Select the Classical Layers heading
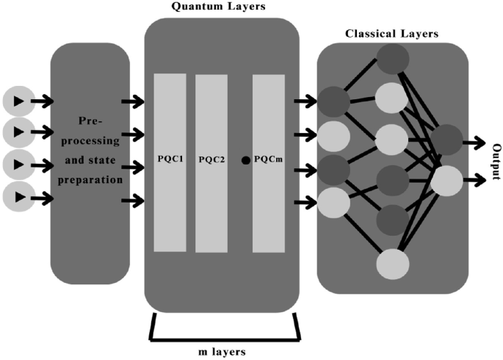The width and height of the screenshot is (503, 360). click(391, 33)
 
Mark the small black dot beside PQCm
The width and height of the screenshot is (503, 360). click(245, 159)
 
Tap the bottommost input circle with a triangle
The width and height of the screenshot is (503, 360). click(18, 197)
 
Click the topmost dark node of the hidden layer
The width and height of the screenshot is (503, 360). click(391, 60)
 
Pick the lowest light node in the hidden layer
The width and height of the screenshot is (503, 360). click(391, 263)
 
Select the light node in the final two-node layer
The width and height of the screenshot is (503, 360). click(447, 179)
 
